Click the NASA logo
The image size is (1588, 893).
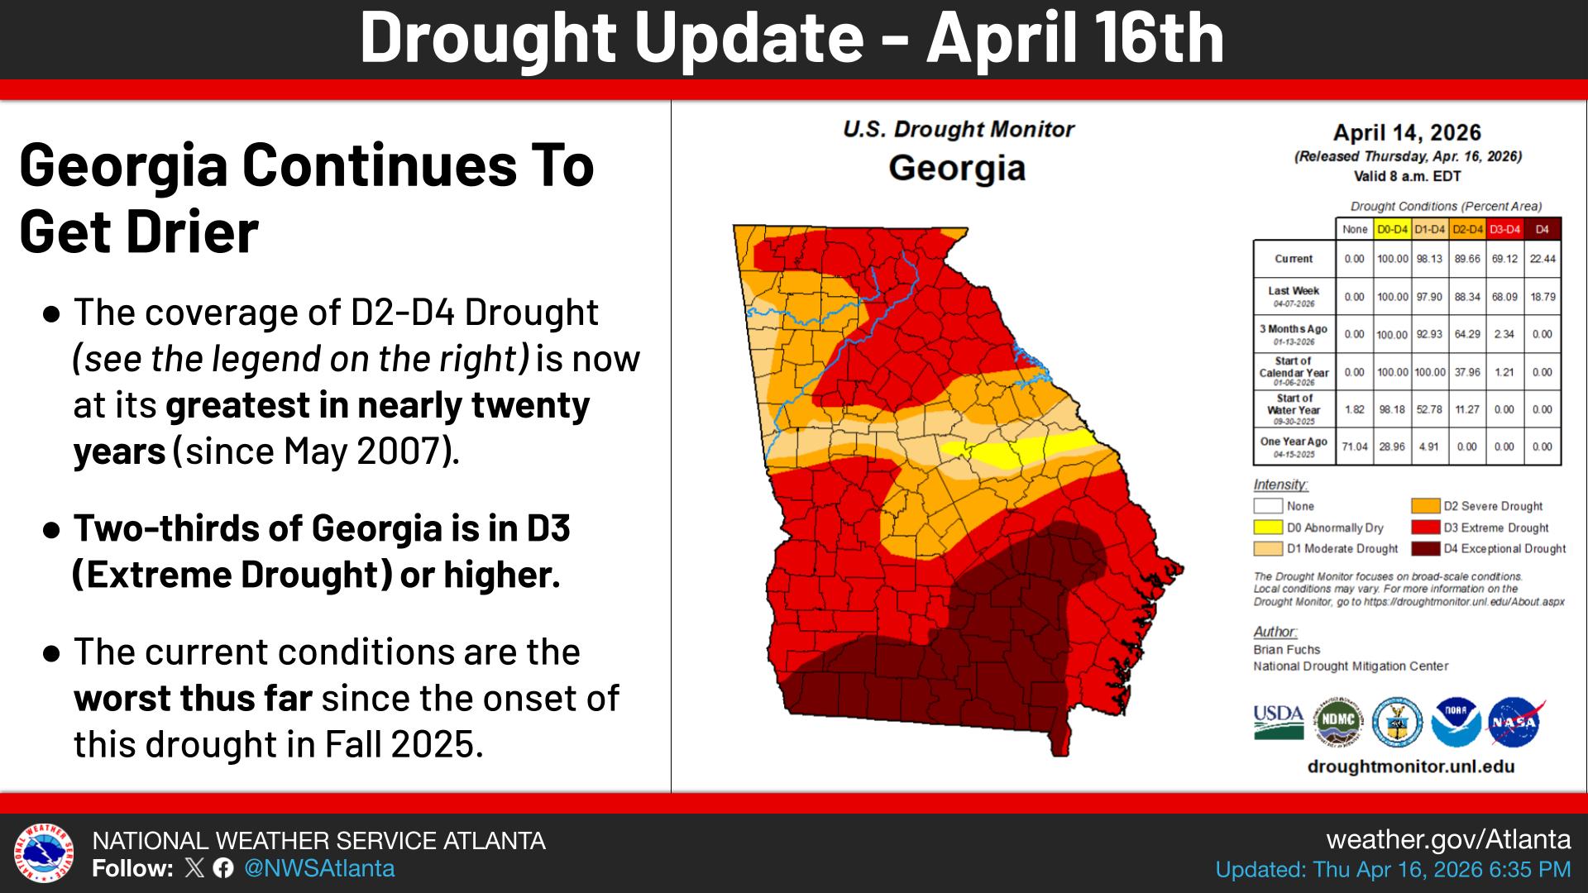click(x=1514, y=722)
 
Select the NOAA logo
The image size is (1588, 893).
click(x=1456, y=722)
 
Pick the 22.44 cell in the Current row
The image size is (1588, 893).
click(x=1542, y=259)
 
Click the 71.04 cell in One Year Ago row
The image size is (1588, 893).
click(x=1354, y=446)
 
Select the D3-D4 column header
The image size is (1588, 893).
click(x=1504, y=229)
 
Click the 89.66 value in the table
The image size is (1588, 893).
click(x=1467, y=259)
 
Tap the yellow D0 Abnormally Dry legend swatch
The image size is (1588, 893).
click(x=1266, y=528)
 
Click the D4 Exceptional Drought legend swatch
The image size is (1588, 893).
click(x=1425, y=548)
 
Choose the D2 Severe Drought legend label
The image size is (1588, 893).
click(x=1493, y=506)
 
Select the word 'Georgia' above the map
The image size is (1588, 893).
click(x=957, y=169)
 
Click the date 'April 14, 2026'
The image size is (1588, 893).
click(x=1407, y=133)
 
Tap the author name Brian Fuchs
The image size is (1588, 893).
click(x=1286, y=650)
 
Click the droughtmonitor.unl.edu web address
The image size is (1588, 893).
click(x=1410, y=766)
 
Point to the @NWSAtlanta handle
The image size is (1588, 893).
click(x=319, y=868)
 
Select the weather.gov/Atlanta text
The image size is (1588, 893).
click(x=1447, y=839)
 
